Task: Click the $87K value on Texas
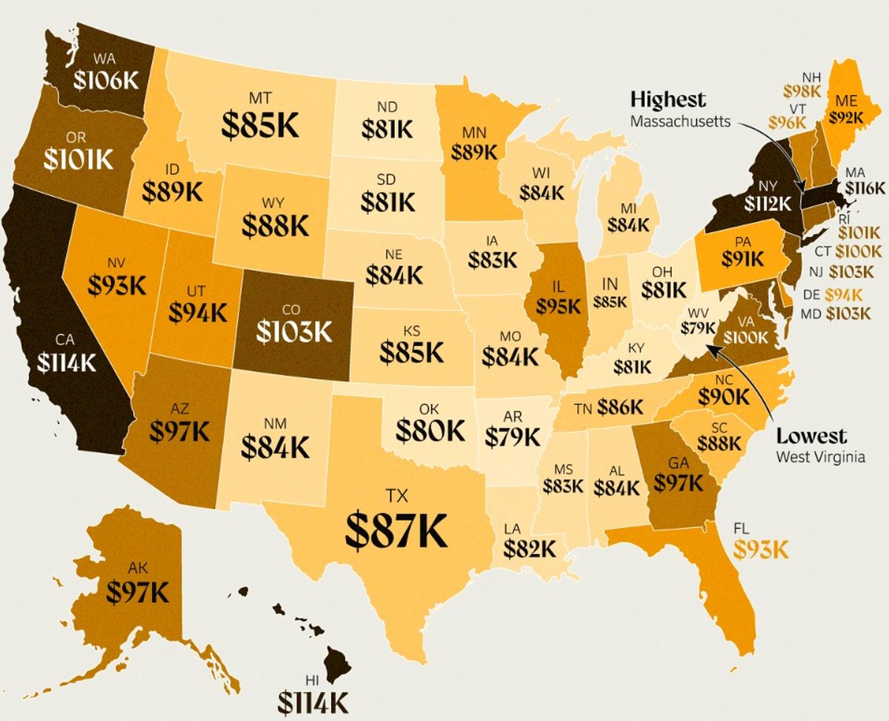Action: (x=398, y=528)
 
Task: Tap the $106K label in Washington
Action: (x=106, y=79)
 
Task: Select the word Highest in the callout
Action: (x=667, y=99)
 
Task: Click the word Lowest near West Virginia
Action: (x=811, y=436)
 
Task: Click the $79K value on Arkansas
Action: (x=513, y=436)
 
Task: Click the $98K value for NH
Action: (x=802, y=92)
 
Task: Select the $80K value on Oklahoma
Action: (x=430, y=429)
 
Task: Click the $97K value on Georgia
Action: (x=678, y=482)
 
